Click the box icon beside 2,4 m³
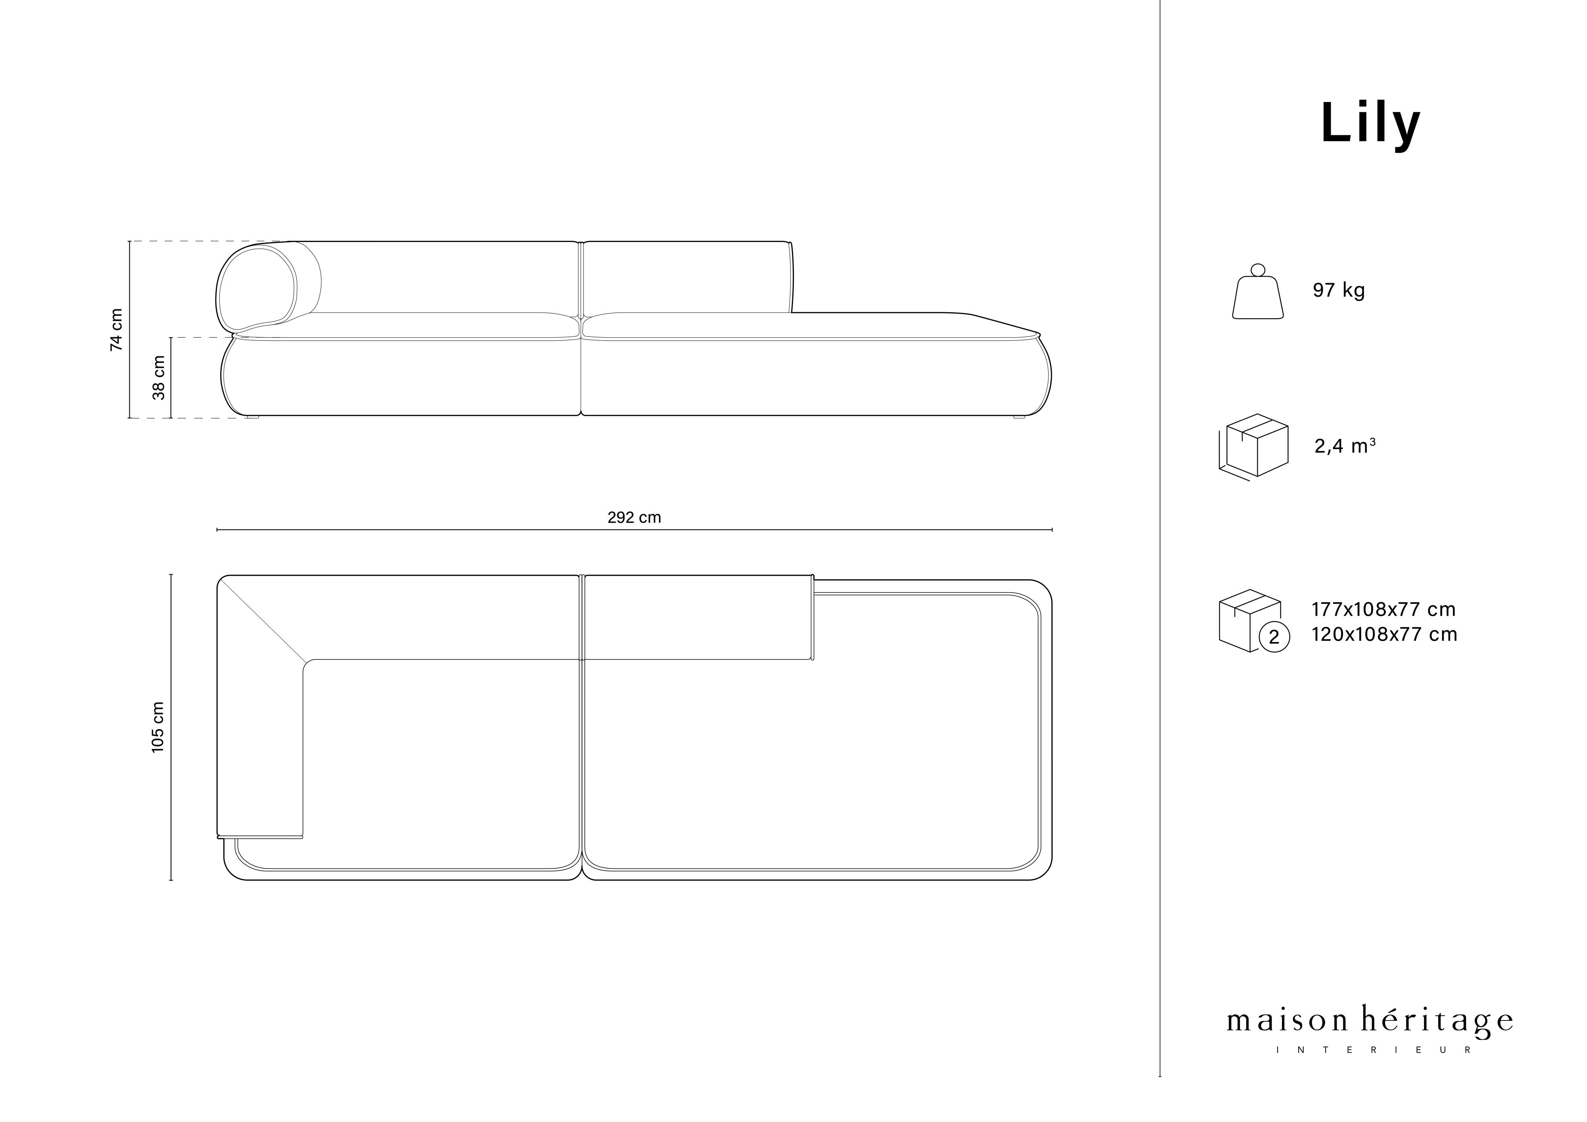click(x=1253, y=447)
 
